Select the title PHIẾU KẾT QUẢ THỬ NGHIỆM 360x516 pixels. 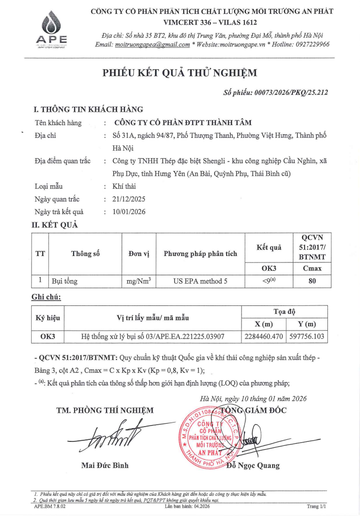180,73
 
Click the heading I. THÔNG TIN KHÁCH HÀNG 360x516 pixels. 87,109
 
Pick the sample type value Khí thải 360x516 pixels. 124,186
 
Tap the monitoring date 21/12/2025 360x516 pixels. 129,199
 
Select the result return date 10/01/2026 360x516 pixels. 129,212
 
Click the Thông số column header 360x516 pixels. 85,254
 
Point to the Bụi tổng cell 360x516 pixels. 65,281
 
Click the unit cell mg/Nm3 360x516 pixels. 138,281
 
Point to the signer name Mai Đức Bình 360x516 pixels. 105,465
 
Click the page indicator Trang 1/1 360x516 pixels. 316,506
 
